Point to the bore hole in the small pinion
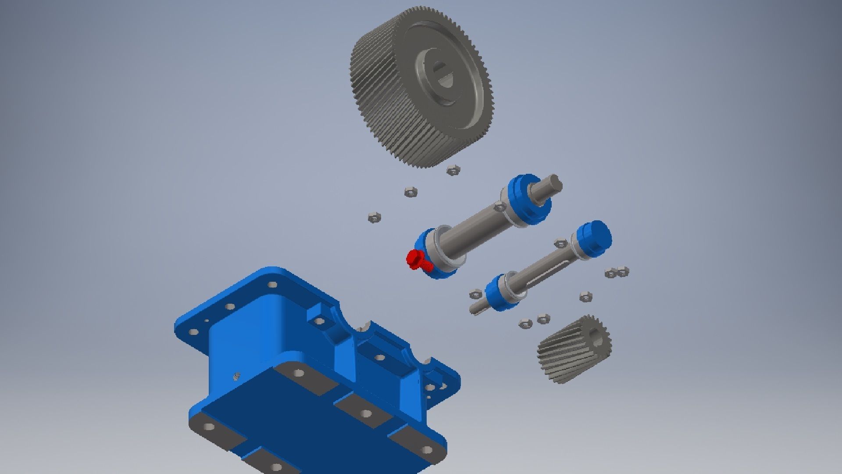point(596,338)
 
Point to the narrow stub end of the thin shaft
point(475,308)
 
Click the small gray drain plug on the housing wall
point(236,376)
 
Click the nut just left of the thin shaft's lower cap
point(475,294)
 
